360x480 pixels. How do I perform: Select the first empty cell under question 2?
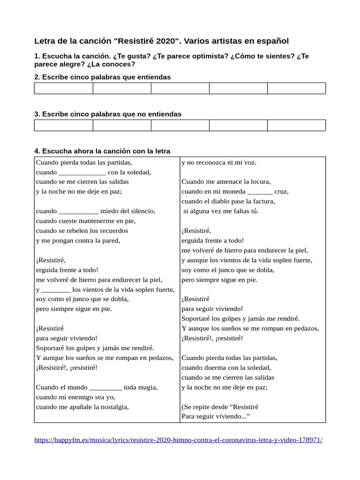(63, 89)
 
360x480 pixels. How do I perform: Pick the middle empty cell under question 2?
(180, 89)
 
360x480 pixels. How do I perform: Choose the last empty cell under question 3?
(296, 125)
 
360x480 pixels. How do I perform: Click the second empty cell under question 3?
(122, 125)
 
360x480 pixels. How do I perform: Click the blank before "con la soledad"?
(82, 172)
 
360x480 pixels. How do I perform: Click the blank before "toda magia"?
(105, 388)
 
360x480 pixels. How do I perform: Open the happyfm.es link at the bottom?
(179, 440)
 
